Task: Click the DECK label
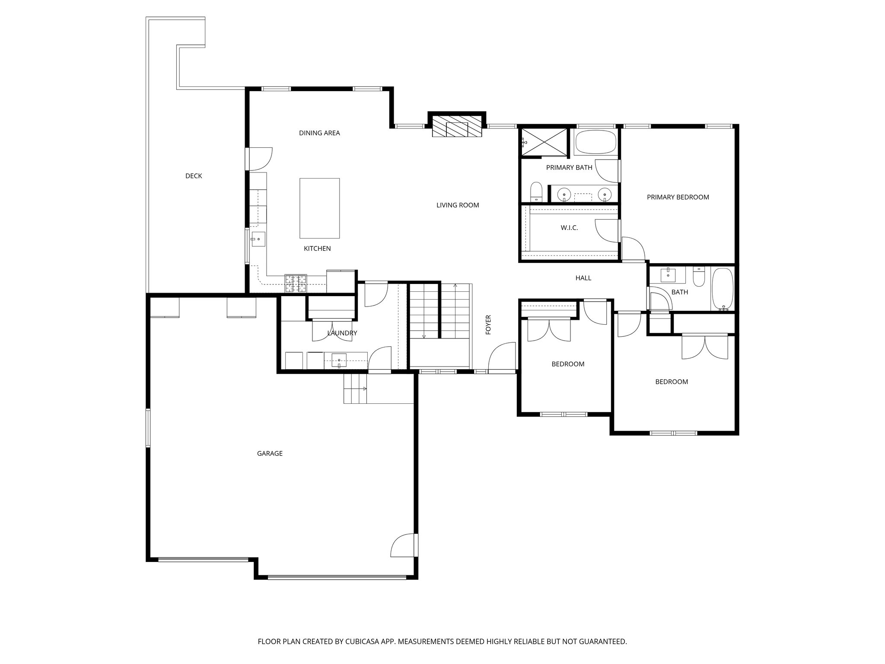(194, 176)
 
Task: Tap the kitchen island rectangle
(319, 208)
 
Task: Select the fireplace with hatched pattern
(457, 126)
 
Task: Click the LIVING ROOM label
(458, 205)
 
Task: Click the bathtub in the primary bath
(596, 142)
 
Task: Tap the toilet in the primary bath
(536, 192)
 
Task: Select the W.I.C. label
(569, 228)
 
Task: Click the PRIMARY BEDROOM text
(678, 197)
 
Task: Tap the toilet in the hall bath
(698, 277)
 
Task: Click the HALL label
(583, 278)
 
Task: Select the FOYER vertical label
(489, 325)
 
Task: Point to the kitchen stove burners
(296, 284)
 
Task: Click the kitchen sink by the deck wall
(258, 239)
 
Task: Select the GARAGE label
(270, 453)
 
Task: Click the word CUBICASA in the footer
(362, 642)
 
